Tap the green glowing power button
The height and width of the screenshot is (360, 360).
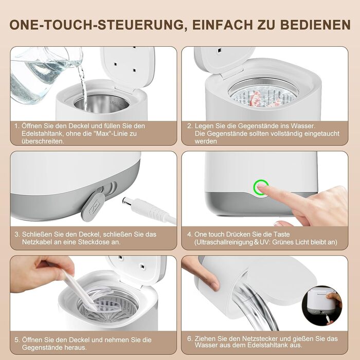261,187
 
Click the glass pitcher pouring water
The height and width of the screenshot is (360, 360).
44,74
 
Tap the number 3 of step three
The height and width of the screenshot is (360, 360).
17,235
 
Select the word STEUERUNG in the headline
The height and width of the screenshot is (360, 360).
140,25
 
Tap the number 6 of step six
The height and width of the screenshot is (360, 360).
189,338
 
